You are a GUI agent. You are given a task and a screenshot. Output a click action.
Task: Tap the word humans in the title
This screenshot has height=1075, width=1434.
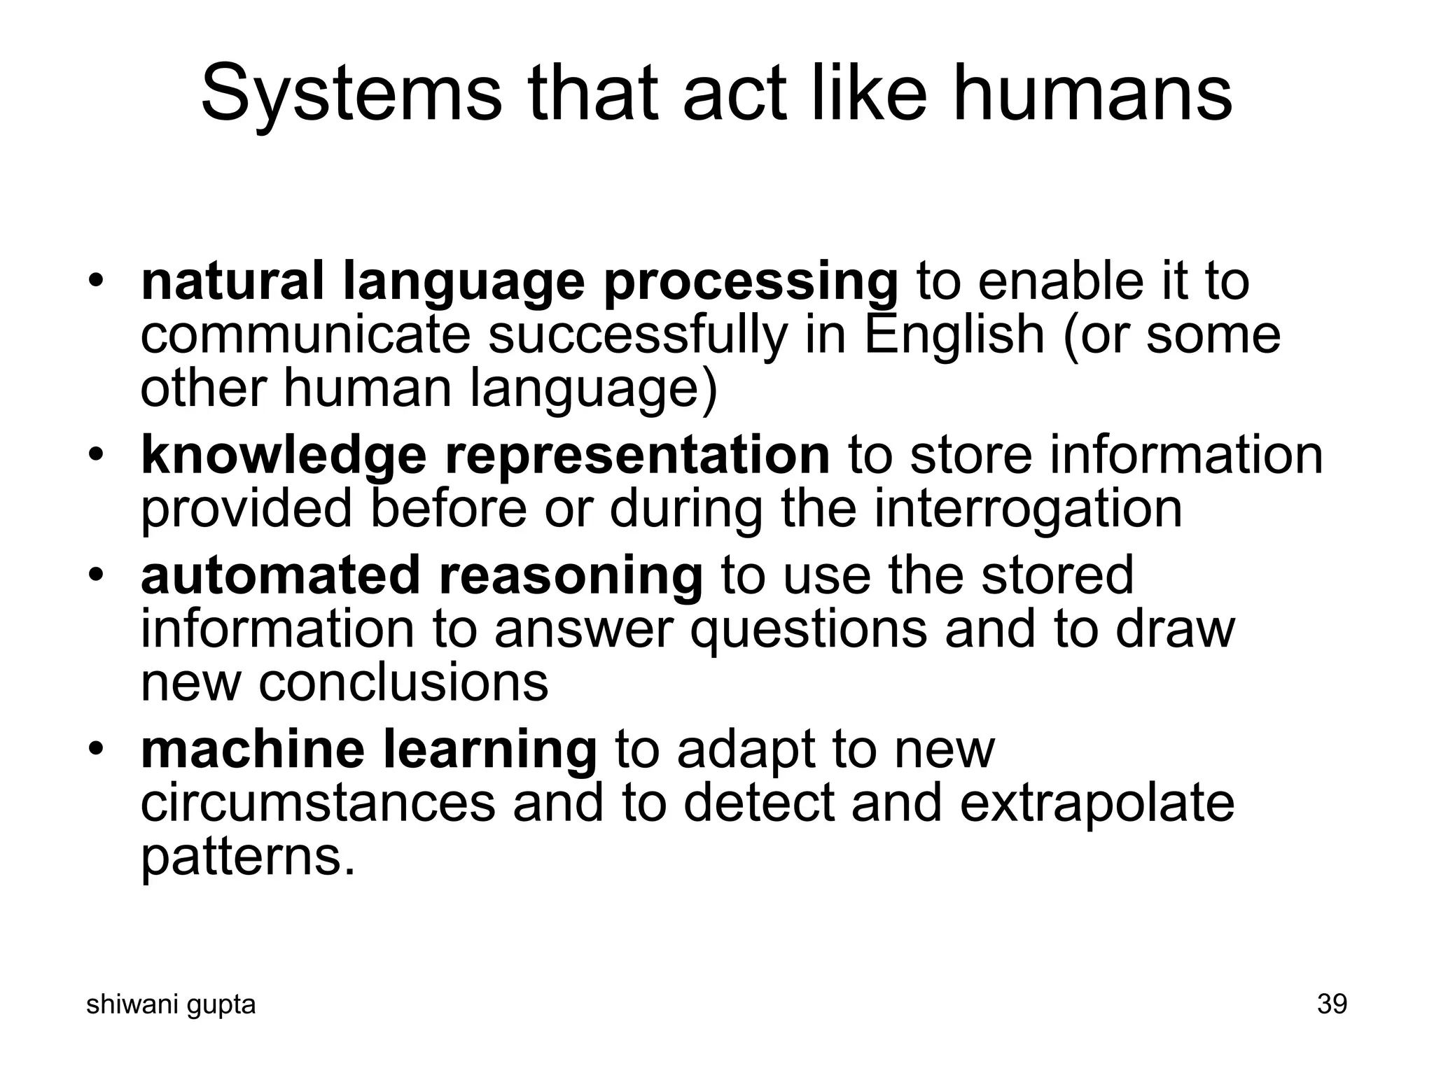coord(1092,94)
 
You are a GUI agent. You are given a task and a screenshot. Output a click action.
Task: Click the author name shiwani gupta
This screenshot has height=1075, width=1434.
coord(170,1004)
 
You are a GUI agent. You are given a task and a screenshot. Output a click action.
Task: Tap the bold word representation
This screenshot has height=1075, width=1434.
coord(637,455)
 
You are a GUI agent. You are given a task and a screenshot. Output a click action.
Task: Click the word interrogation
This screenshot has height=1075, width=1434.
coord(1028,509)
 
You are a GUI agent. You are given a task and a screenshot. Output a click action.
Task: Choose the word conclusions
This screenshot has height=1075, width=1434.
coord(403,682)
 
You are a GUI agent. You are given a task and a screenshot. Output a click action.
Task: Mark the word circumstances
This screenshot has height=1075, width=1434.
coord(318,803)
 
